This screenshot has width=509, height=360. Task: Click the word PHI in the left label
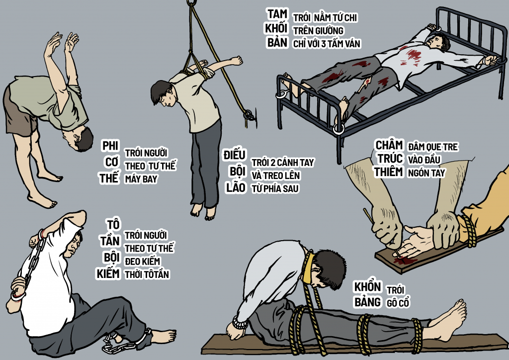(x=110, y=146)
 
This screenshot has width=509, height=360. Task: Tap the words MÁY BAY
(x=141, y=179)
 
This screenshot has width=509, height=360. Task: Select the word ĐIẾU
(x=235, y=155)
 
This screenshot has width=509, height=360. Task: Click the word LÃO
(x=236, y=187)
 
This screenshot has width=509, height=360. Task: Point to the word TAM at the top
(x=277, y=14)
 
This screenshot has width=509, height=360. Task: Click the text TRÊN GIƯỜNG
(x=318, y=31)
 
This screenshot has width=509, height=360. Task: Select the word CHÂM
(x=389, y=145)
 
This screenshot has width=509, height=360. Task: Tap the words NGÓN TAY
(x=426, y=173)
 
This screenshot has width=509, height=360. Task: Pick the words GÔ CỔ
(x=398, y=303)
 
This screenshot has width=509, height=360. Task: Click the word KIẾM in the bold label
(x=108, y=273)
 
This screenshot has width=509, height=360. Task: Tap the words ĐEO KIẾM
(x=143, y=262)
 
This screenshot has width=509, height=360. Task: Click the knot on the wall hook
(x=250, y=115)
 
